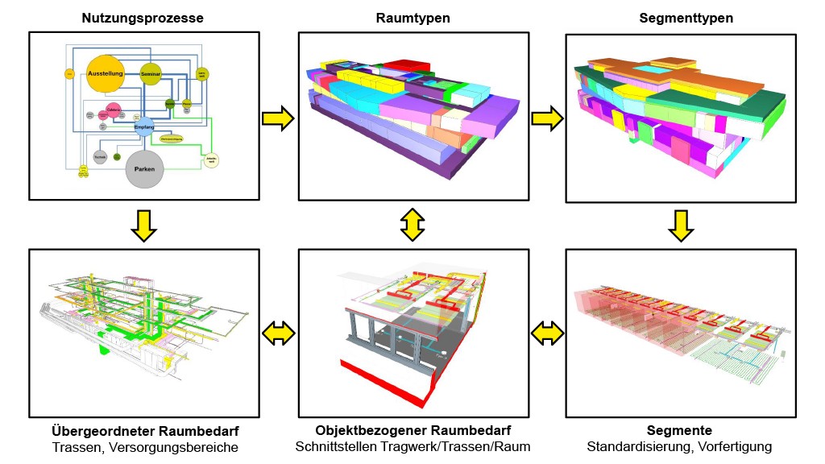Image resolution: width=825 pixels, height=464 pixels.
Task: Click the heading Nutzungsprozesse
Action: (x=143, y=18)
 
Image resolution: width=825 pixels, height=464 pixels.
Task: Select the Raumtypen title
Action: (x=413, y=18)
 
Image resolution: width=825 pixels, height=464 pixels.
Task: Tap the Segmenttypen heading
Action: (x=682, y=18)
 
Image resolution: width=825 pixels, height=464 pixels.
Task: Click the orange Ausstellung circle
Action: (x=105, y=74)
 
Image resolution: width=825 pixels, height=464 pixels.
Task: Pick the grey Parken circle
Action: (x=146, y=169)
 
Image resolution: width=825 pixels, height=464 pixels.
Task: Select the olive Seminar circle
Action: (x=151, y=74)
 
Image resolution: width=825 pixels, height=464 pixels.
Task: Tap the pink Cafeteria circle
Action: (x=114, y=111)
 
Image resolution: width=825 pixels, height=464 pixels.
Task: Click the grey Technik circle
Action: (x=100, y=157)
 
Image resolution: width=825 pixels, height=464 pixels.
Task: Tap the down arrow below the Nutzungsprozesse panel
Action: (x=143, y=225)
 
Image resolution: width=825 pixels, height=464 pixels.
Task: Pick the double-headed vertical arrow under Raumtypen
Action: (x=412, y=225)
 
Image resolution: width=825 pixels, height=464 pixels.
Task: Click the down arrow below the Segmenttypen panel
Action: (x=681, y=226)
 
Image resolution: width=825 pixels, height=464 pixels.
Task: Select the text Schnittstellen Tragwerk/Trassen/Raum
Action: (x=412, y=446)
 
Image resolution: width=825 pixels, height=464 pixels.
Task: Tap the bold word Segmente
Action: (x=679, y=431)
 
